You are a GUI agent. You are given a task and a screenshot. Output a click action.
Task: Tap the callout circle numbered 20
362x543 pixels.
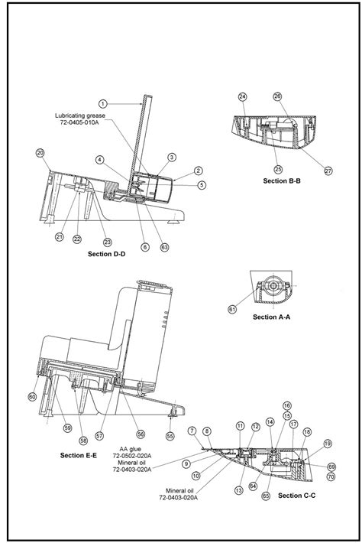click(40, 152)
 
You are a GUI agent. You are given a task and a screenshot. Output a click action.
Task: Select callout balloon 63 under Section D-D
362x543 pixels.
click(165, 247)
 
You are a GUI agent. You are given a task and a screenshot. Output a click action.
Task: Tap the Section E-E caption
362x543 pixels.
click(78, 455)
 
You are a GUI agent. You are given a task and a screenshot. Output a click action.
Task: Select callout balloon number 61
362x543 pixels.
click(232, 308)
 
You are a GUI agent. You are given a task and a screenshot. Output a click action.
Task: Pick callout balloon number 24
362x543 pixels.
click(242, 96)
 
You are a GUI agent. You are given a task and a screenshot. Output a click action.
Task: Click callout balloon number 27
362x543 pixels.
click(328, 171)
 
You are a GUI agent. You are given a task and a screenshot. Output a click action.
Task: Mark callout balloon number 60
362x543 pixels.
click(32, 396)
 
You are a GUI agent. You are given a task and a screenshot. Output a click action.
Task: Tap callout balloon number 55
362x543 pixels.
click(170, 435)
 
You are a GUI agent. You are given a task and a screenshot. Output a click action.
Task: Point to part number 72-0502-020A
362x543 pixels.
click(134, 456)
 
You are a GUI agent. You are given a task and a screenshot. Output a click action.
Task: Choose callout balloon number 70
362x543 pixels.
click(331, 476)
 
